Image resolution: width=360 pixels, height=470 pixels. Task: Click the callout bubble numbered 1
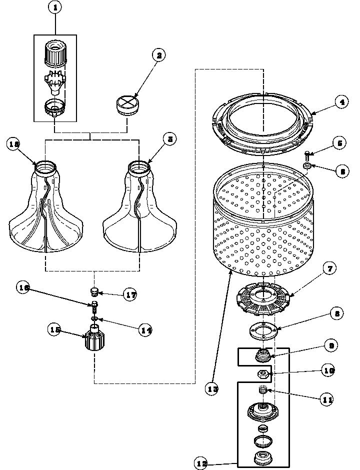tap(55, 8)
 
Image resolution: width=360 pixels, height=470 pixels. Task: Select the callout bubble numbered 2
tap(159, 55)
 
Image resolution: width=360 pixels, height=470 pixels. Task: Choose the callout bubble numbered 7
tap(330, 268)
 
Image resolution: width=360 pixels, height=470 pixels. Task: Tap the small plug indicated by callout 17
tap(94, 291)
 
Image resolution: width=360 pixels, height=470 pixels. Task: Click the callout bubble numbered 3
tap(170, 140)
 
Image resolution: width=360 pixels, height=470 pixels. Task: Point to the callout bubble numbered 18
tap(14, 144)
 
